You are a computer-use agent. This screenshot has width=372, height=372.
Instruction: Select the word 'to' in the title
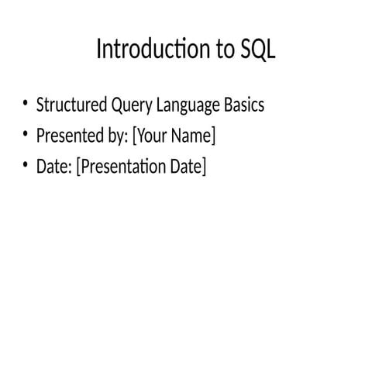pyautogui.click(x=219, y=50)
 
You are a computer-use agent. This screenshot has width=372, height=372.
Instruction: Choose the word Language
pyautogui.click(x=180, y=105)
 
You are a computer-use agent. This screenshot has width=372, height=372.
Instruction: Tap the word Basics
pyautogui.click(x=240, y=105)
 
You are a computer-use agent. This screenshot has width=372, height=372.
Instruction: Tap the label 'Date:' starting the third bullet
pyautogui.click(x=53, y=167)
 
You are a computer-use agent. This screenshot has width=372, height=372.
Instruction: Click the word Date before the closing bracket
pyautogui.click(x=188, y=167)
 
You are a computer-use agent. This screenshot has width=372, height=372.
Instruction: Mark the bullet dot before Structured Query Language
pyautogui.click(x=25, y=105)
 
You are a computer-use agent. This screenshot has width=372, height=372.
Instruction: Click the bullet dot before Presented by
pyautogui.click(x=25, y=136)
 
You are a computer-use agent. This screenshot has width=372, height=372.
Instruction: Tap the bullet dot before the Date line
pyautogui.click(x=25, y=167)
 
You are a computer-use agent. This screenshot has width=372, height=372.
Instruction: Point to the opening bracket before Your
pyautogui.click(x=135, y=136)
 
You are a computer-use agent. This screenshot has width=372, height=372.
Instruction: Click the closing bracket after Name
pyautogui.click(x=213, y=136)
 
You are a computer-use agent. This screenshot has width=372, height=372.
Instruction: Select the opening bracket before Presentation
pyautogui.click(x=78, y=167)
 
